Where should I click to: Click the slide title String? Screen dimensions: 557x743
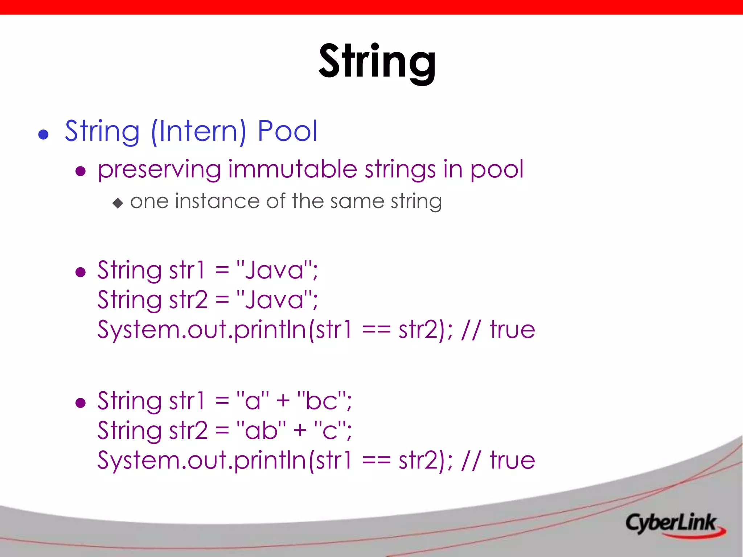tap(377, 62)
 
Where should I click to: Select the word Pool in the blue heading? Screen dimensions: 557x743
tap(287, 131)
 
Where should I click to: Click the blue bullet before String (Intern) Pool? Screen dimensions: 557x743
tap(44, 135)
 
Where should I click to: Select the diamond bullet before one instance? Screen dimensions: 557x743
tap(118, 203)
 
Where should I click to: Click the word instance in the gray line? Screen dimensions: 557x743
tap(217, 201)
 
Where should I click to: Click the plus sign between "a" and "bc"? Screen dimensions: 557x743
tap(283, 401)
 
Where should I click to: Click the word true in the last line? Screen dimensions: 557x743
tap(512, 460)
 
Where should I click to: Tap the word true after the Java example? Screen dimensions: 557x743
tap(512, 330)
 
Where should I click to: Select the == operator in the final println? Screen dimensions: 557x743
tap(376, 461)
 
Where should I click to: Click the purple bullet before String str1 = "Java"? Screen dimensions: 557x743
tap(81, 272)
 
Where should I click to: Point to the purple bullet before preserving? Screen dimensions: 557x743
tap(81, 171)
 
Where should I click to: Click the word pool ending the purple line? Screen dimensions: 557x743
tap(497, 169)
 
